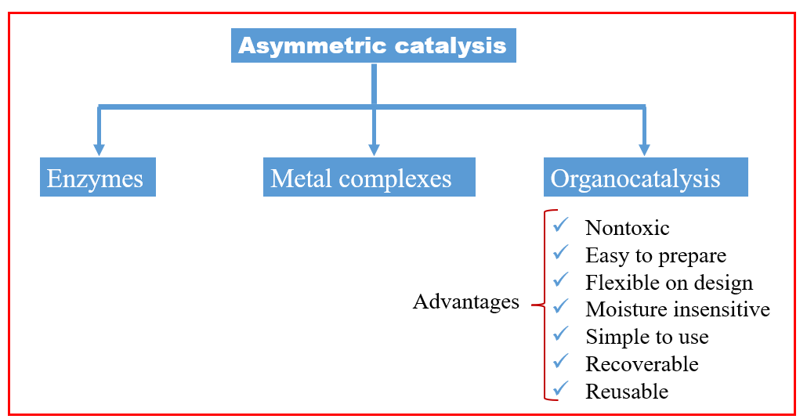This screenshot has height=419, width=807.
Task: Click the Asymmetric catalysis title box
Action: pos(373,45)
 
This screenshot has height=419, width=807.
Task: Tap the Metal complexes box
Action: pos(368,178)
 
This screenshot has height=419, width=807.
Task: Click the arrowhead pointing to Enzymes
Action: pos(99,148)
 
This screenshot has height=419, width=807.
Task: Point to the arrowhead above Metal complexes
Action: pos(375,148)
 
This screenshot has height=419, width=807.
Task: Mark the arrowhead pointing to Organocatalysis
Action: pos(644,148)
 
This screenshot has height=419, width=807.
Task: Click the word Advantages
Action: pos(465,302)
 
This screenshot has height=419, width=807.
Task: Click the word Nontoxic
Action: pos(627,228)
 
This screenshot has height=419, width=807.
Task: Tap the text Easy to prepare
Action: pos(655,255)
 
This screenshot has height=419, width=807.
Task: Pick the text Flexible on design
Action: pos(668,282)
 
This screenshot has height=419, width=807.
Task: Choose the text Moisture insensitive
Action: pos(677,309)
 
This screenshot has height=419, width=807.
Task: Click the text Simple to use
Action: pos(646,337)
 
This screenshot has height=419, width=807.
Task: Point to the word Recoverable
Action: pos(642,363)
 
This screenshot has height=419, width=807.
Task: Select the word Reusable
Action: pos(627,391)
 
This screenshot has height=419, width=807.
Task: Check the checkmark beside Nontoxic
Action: pos(560,226)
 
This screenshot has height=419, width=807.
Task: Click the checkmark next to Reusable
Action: pos(560,388)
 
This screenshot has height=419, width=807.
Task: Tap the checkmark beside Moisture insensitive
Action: pos(560,307)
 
